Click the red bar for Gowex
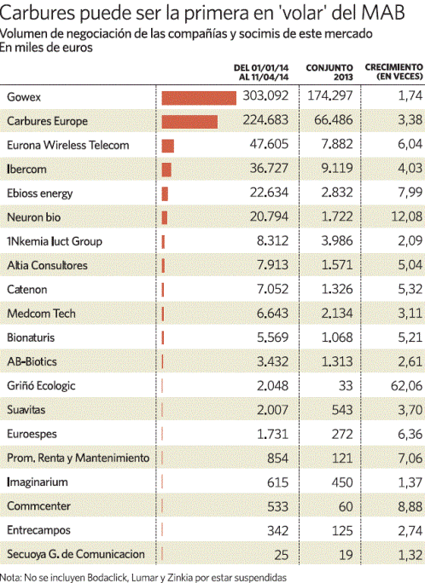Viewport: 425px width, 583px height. (x=199, y=98)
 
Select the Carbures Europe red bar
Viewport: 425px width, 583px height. (x=189, y=122)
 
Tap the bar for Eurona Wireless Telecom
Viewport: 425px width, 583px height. (x=167, y=146)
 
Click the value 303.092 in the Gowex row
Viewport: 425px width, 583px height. (x=265, y=96)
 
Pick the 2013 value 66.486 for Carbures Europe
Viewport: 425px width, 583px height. (x=333, y=120)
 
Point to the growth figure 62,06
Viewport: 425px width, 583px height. (x=406, y=386)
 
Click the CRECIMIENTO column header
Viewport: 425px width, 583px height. (x=393, y=72)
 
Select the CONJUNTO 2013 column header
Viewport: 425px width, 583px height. (x=329, y=72)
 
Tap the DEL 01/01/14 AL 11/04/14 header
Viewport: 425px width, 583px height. (x=261, y=72)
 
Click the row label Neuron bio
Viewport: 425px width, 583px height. (x=34, y=217)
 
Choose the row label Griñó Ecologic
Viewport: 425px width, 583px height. (x=41, y=386)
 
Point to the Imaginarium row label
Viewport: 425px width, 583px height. (x=38, y=482)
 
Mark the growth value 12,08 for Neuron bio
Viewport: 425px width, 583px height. (x=406, y=216)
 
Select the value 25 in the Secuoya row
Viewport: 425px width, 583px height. (x=281, y=555)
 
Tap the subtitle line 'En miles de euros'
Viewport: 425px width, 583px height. (x=46, y=48)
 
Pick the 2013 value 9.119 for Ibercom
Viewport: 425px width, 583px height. (x=337, y=168)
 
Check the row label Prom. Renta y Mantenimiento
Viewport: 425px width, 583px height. (x=79, y=458)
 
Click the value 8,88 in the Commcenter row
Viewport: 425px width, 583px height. (x=410, y=506)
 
